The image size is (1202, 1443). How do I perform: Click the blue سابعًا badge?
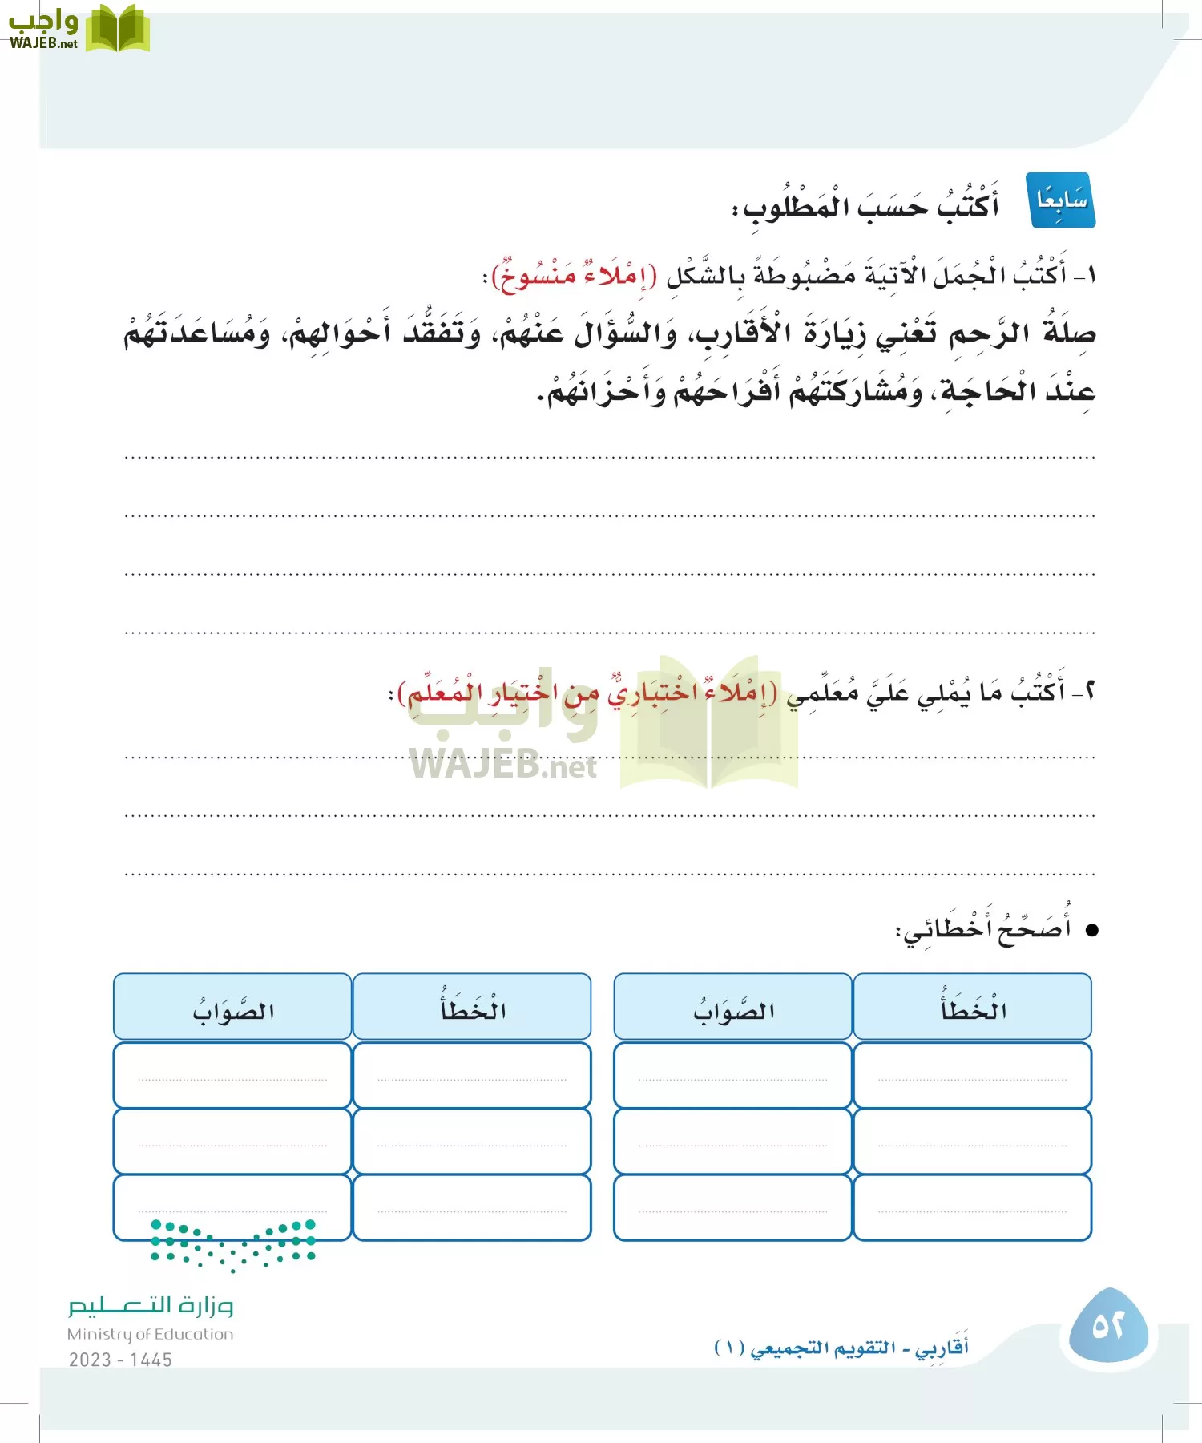tap(1062, 200)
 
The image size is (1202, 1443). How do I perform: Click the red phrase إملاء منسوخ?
tap(574, 275)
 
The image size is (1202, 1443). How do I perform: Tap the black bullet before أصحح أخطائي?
tap(1091, 930)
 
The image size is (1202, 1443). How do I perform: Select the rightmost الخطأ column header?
tap(972, 1008)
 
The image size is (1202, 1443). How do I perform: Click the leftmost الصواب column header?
tap(232, 1008)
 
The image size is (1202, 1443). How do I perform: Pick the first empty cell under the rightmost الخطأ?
tap(972, 1075)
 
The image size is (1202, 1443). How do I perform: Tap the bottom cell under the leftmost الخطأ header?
tap(472, 1207)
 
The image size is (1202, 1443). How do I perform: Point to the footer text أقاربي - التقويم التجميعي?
tap(841, 1348)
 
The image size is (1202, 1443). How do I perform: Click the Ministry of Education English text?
tap(150, 1334)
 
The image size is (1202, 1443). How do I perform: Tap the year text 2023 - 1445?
tap(120, 1360)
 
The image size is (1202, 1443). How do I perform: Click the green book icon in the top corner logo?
tap(118, 29)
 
